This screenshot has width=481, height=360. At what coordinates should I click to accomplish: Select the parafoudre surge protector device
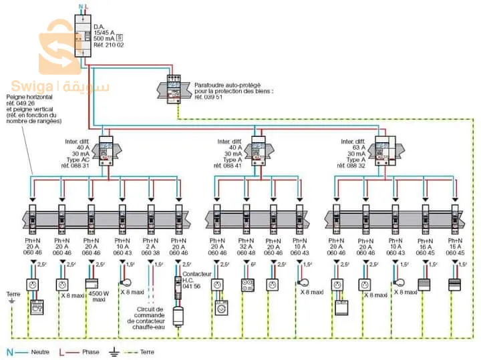tap(172, 87)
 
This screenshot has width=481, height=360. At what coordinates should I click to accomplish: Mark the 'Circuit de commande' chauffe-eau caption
tap(150, 315)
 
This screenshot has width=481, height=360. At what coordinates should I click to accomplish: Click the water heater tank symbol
tap(178, 315)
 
